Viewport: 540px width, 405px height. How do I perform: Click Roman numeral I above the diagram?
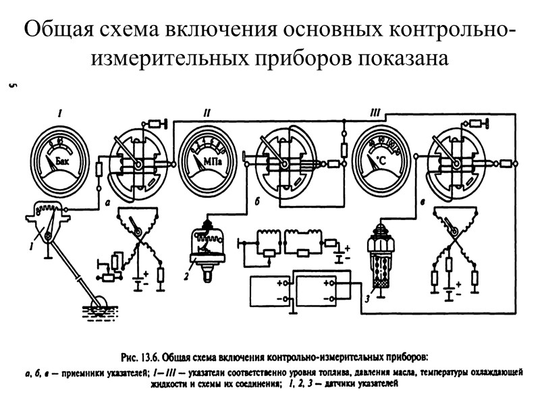click(60, 113)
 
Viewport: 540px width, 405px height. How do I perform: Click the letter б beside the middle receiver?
click(257, 201)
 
